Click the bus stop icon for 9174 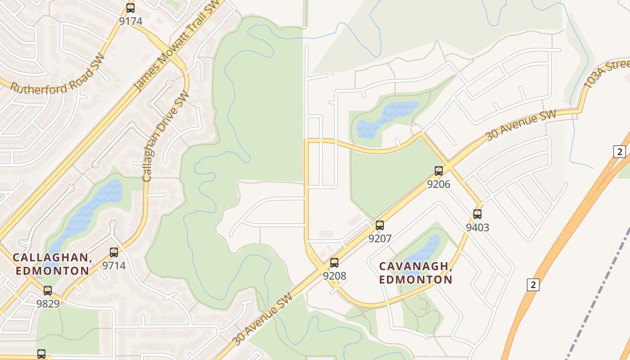130,8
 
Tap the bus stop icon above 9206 439,171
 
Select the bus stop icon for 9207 380,225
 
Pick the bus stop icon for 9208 334,263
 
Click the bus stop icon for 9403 477,214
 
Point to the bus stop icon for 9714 114,252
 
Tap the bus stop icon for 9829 48,291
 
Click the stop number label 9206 439,184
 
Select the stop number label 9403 477,227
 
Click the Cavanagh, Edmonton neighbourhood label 415,273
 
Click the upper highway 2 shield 620,152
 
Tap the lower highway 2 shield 533,284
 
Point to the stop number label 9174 130,21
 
